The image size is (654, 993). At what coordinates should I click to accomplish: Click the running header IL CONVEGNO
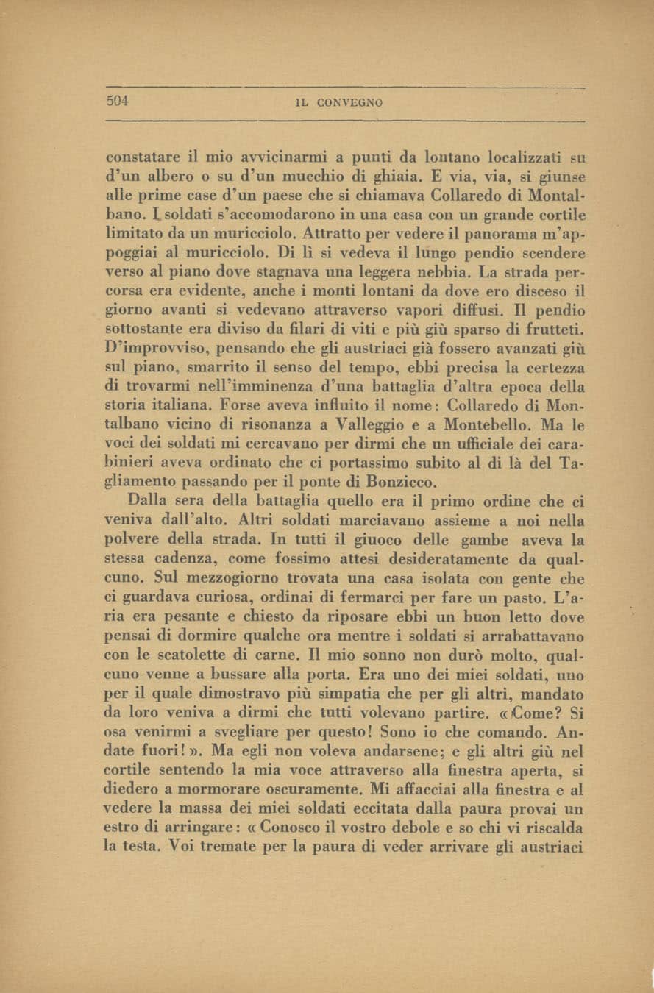pos(338,103)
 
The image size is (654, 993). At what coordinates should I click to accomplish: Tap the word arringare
pos(186,830)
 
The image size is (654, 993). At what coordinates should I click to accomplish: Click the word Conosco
pos(294,830)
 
